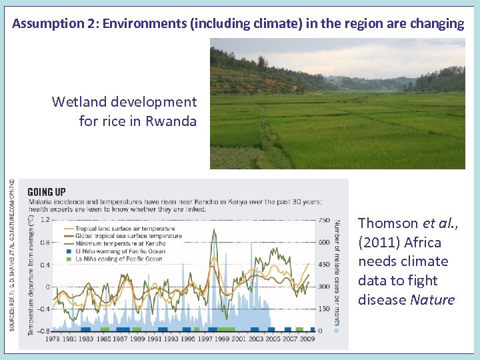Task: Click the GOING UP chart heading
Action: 47,192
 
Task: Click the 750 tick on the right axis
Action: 324,220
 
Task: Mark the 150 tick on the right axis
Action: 324,309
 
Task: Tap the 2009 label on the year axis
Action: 307,339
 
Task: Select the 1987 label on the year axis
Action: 121,339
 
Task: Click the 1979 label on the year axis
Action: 53,339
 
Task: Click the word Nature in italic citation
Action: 433,300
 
